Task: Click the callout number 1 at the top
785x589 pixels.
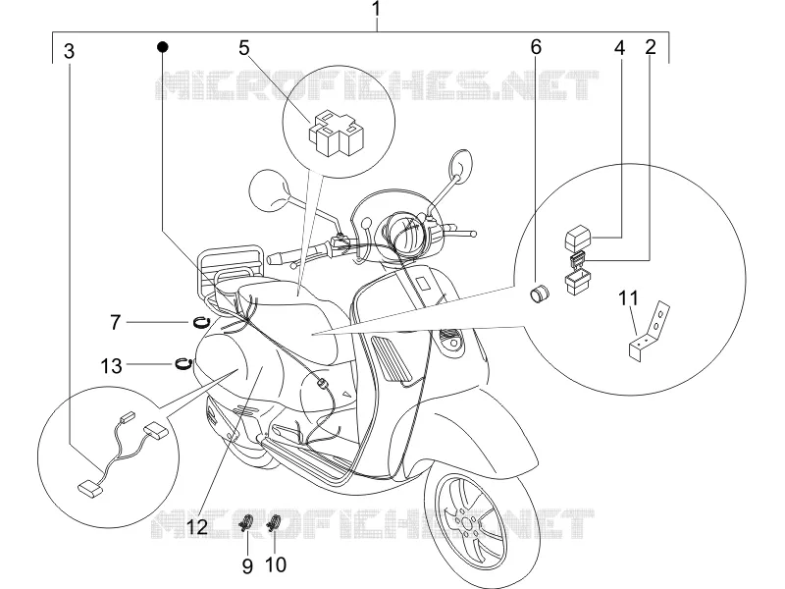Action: click(377, 9)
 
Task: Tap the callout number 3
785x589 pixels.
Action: click(70, 51)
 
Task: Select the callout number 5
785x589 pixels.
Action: click(243, 48)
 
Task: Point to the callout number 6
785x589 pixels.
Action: click(536, 47)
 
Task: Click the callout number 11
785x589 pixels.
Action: click(629, 298)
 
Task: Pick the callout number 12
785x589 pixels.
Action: click(198, 526)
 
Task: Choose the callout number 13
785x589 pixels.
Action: click(111, 366)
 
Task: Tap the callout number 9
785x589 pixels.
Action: click(247, 566)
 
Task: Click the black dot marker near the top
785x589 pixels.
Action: click(162, 47)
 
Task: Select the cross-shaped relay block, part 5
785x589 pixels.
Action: click(336, 133)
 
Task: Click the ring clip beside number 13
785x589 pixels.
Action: click(183, 363)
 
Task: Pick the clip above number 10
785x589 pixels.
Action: click(274, 523)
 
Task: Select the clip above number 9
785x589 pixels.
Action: click(246, 523)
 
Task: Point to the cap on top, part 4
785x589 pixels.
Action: click(579, 237)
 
